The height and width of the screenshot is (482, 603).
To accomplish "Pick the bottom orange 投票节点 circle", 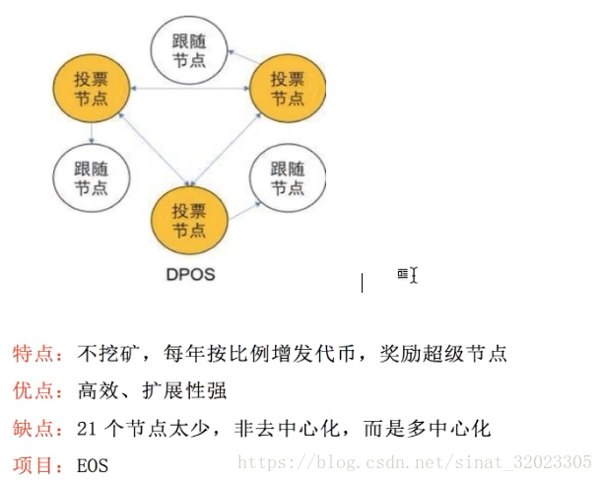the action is click(x=189, y=220).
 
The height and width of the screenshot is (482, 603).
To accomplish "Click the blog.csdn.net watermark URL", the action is click(x=414, y=461).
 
